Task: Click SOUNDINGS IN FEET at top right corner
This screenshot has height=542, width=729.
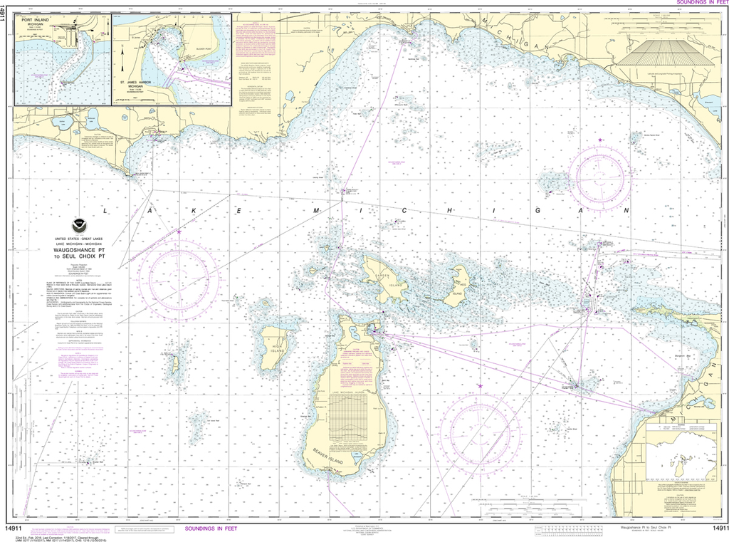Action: [x=698, y=3]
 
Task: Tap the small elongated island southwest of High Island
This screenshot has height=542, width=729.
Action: [x=174, y=364]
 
